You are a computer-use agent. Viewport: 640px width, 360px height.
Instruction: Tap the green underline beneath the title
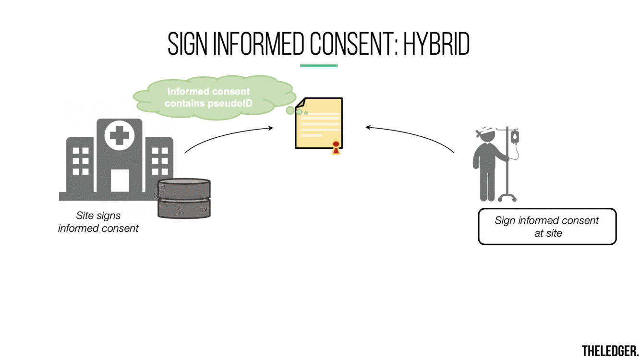319,65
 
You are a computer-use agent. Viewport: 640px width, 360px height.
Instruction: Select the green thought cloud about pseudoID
214,96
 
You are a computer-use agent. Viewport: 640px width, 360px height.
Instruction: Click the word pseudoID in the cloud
230,103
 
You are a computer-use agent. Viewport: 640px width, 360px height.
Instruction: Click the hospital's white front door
120,180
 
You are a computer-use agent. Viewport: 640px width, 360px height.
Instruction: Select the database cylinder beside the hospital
184,198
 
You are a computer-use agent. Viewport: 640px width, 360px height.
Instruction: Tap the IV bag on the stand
515,136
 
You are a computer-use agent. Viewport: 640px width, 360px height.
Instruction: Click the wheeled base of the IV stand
507,197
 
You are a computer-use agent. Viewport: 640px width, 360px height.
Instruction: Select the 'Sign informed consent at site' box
547,227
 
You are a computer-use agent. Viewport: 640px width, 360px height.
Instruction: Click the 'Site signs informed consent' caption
98,222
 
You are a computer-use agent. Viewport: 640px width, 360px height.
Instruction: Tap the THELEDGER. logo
610,350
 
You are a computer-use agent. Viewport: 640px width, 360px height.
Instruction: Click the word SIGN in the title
188,45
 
